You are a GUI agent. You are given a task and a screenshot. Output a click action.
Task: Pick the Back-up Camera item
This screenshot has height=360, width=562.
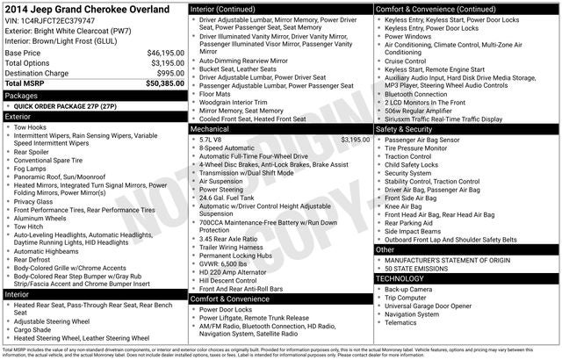point(408,289)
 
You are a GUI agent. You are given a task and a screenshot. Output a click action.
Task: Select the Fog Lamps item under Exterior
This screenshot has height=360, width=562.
point(32,168)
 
